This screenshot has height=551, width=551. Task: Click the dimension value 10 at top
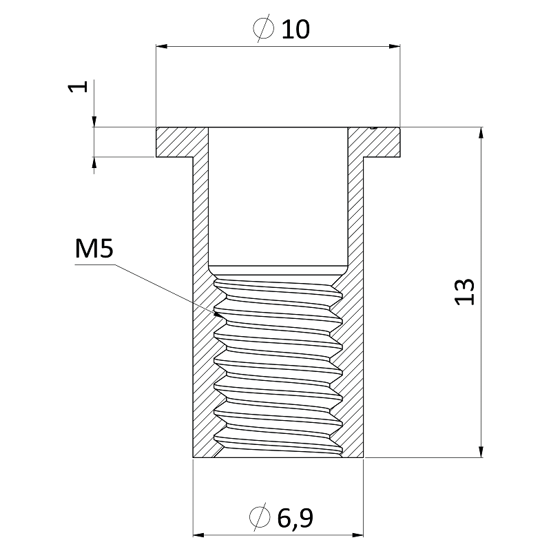[x=295, y=29]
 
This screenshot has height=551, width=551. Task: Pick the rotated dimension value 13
[x=465, y=292]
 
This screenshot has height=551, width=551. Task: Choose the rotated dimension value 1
[x=80, y=87]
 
